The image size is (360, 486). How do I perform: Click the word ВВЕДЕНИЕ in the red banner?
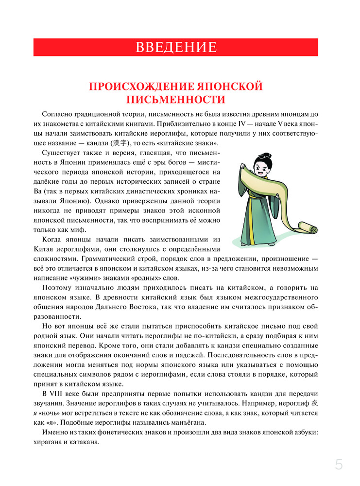tap(175, 48)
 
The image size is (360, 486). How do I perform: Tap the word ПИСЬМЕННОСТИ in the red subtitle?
tap(175, 100)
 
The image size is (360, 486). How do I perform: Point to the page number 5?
tap(339, 465)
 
